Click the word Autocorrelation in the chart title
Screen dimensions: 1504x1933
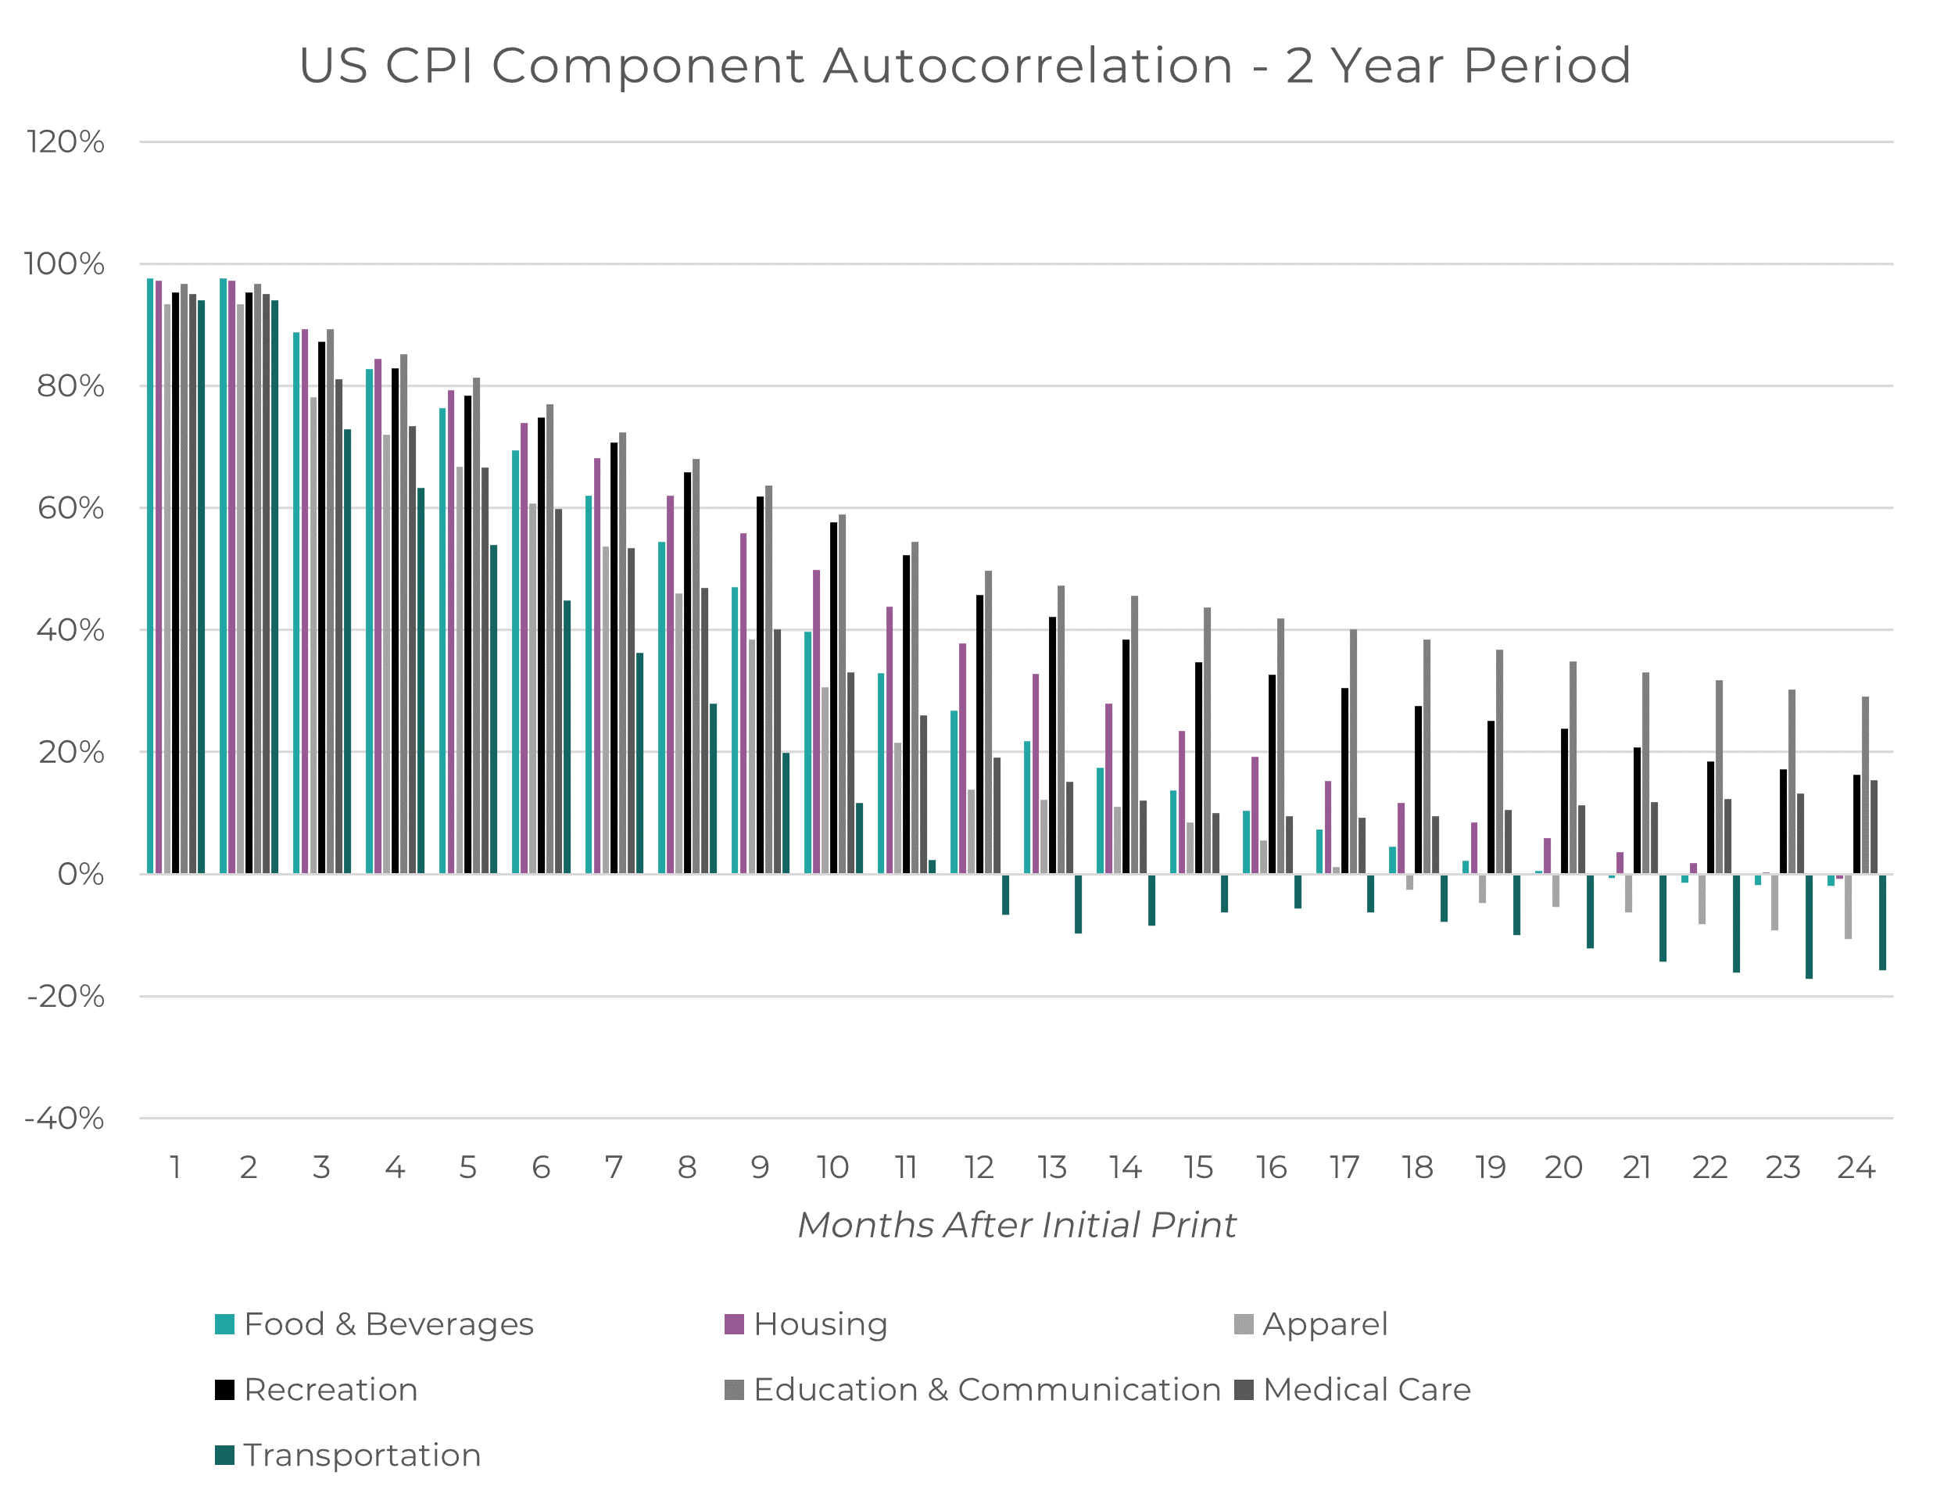[x=1028, y=66]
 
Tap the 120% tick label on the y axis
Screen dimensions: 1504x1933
[x=66, y=141]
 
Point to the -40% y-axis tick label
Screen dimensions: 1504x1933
[x=64, y=1119]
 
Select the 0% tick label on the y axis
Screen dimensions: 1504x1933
[x=81, y=875]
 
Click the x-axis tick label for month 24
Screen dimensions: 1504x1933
[x=1856, y=1168]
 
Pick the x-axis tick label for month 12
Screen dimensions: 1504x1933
[x=979, y=1168]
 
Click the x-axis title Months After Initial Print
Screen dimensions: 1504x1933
[x=1016, y=1225]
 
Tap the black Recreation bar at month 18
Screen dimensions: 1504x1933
[x=1418, y=790]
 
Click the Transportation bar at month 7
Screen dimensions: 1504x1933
[x=640, y=763]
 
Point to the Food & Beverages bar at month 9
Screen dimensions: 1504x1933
[x=735, y=730]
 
